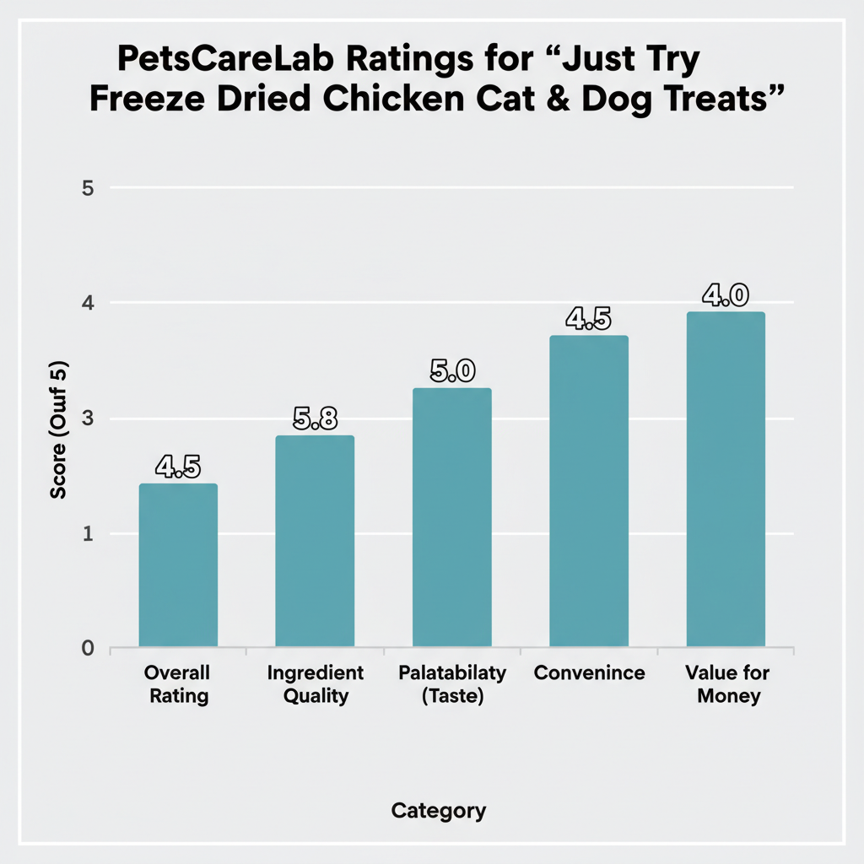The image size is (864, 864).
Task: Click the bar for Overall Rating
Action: [x=178, y=565]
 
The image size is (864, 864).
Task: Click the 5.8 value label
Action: [x=315, y=419]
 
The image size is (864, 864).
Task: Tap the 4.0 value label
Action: [x=726, y=295]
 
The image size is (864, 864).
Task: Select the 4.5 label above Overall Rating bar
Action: [x=178, y=467]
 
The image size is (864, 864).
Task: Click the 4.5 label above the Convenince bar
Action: [x=588, y=320]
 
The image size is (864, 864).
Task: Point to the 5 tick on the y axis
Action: [x=87, y=188]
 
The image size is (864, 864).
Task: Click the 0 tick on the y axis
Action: [x=87, y=648]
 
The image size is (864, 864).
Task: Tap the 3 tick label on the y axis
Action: [x=87, y=418]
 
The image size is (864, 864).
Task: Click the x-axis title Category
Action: [x=439, y=811]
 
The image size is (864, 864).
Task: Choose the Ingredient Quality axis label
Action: [x=315, y=684]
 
